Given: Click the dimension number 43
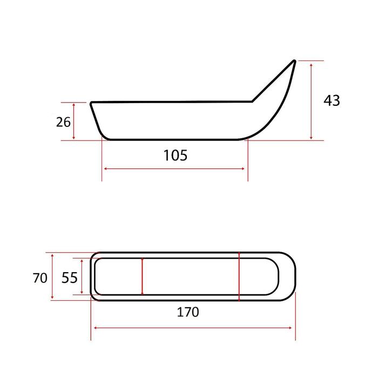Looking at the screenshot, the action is pyautogui.click(x=332, y=100).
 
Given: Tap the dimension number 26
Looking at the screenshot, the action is pyautogui.click(x=63, y=122).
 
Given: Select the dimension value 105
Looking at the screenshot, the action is pyautogui.click(x=175, y=156).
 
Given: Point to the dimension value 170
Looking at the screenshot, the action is pyautogui.click(x=188, y=312).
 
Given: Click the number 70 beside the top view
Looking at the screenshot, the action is pyautogui.click(x=40, y=278).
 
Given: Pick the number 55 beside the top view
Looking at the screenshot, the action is pyautogui.click(x=70, y=278).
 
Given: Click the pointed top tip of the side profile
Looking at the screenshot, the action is pyautogui.click(x=294, y=60).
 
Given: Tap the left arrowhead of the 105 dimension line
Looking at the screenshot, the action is pyautogui.click(x=105, y=168).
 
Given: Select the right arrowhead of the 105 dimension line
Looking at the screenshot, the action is pyautogui.click(x=243, y=168).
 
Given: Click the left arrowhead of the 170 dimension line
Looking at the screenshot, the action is pyautogui.click(x=95, y=328).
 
